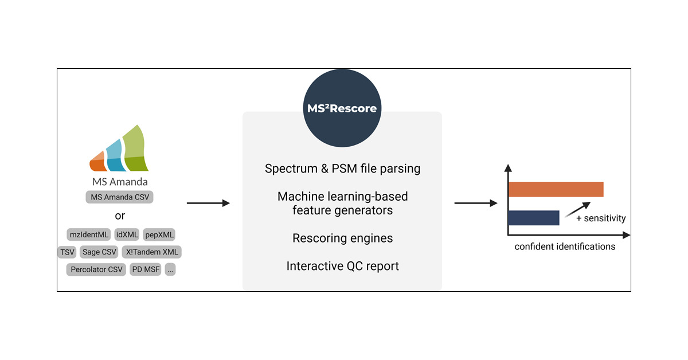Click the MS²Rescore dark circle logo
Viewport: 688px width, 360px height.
pos(342,108)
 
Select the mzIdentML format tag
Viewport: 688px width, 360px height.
pos(88,234)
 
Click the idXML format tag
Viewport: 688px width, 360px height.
pos(127,234)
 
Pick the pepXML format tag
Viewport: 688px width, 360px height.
pos(159,234)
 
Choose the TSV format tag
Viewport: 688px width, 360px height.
pos(67,252)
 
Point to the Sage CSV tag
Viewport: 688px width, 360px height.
pos(99,252)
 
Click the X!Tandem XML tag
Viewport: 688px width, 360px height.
pos(152,252)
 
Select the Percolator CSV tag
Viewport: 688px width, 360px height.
pos(96,269)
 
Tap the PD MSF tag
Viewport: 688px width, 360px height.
pos(146,269)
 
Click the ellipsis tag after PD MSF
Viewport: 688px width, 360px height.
pos(170,269)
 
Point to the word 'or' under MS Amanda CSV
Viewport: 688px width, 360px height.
pos(120,216)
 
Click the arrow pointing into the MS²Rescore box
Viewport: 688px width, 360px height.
pos(208,203)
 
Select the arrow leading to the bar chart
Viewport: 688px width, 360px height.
pos(475,203)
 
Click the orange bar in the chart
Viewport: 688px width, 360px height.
pos(556,189)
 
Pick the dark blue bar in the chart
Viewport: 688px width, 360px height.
pos(533,218)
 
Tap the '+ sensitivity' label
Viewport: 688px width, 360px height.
pos(601,218)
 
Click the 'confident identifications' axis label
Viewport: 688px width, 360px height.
pos(565,246)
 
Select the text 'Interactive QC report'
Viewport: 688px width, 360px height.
pos(342,266)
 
